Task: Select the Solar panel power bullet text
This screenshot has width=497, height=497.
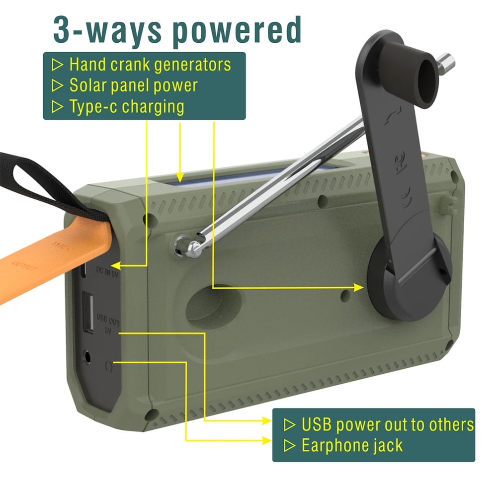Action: pyautogui.click(x=133, y=85)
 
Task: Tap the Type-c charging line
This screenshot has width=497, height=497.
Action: pyautogui.click(x=126, y=106)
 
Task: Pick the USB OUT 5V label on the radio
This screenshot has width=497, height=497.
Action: pyautogui.click(x=107, y=323)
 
